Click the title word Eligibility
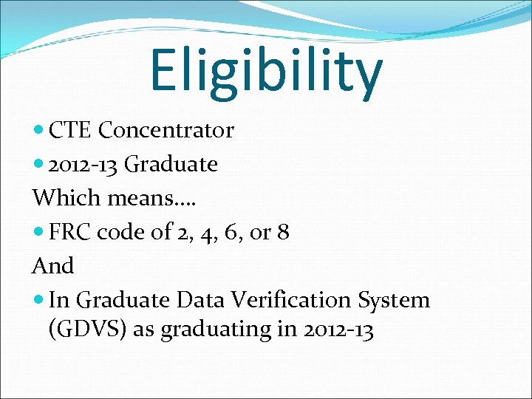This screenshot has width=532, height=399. pyautogui.click(x=266, y=70)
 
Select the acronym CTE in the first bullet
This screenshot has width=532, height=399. pyautogui.click(x=71, y=131)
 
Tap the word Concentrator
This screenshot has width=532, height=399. pyautogui.click(x=166, y=131)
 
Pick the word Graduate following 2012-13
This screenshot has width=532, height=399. pyautogui.click(x=171, y=164)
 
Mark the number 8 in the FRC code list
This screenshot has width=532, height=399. pyautogui.click(x=283, y=232)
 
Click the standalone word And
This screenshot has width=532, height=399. pyautogui.click(x=53, y=266)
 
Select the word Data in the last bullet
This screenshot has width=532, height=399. pyautogui.click(x=204, y=300)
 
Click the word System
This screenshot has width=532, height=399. pyautogui.click(x=394, y=300)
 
